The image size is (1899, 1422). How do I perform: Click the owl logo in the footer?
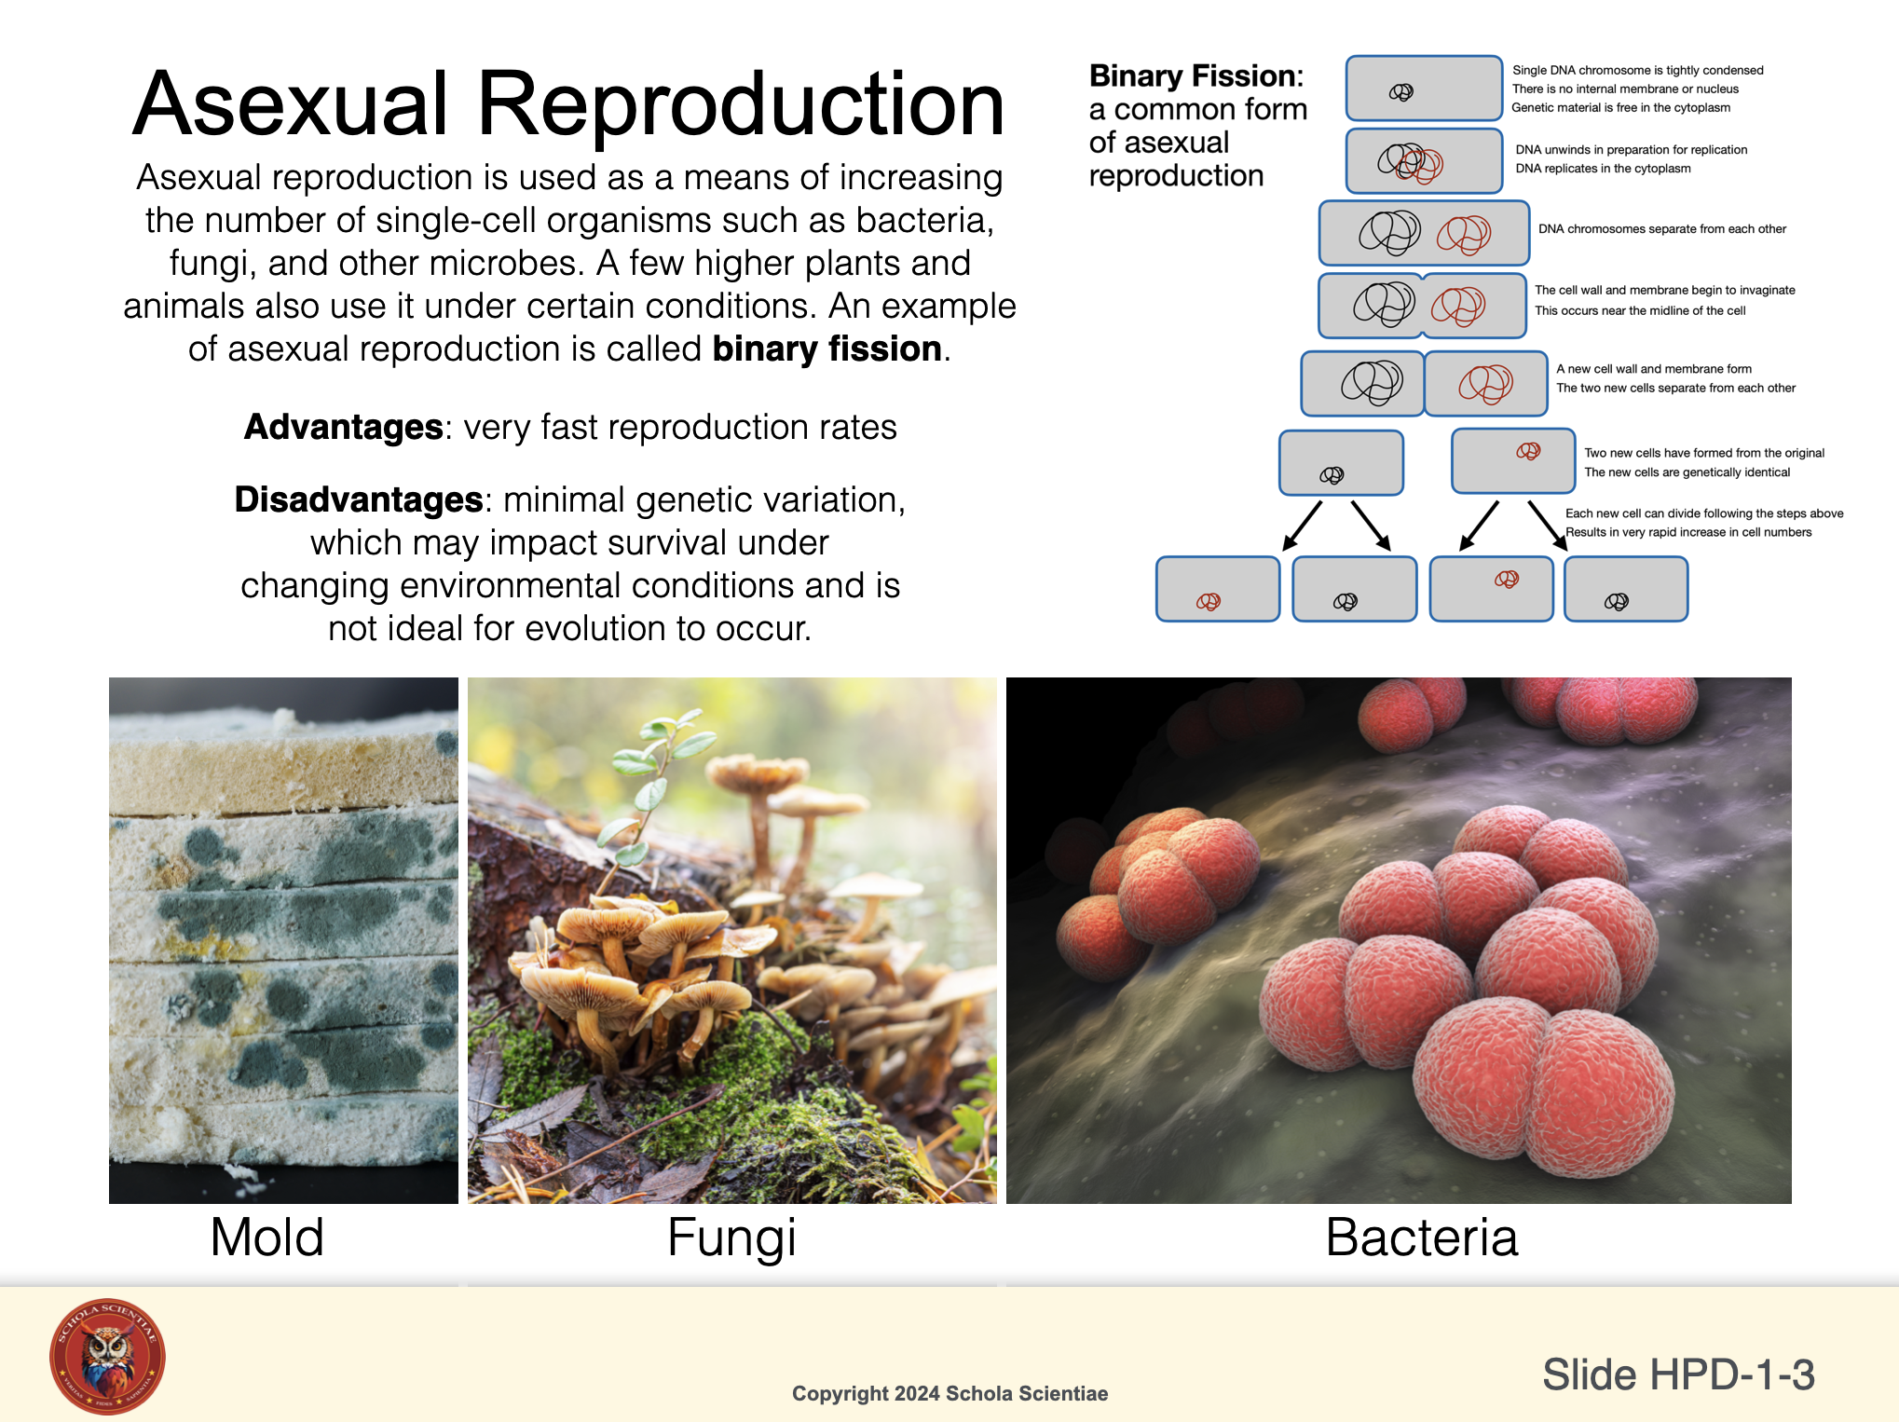(x=107, y=1356)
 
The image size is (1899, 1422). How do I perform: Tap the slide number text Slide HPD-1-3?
(x=1678, y=1374)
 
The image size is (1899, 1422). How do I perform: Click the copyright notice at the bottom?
(x=949, y=1393)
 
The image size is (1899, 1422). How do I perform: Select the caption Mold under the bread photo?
(x=267, y=1237)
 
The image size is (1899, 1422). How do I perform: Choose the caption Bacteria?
(x=1422, y=1237)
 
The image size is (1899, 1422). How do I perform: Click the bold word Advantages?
(x=343, y=427)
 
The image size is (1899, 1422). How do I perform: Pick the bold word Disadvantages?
(x=359, y=499)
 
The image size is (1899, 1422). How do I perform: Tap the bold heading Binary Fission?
(x=1196, y=75)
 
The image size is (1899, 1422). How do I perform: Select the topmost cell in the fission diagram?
(x=1424, y=89)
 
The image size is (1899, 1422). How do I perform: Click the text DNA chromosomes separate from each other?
(x=1662, y=229)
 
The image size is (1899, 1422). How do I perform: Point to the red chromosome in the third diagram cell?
(x=1464, y=234)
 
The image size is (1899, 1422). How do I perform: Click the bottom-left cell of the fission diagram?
(x=1218, y=589)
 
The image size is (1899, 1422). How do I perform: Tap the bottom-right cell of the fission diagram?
(x=1626, y=589)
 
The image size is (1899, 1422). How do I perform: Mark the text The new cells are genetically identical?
(x=1687, y=472)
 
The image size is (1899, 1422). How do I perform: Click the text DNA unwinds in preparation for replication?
(x=1632, y=150)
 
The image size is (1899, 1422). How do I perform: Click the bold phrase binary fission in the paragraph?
(x=827, y=349)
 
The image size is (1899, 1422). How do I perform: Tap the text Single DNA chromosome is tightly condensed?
(x=1638, y=71)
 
